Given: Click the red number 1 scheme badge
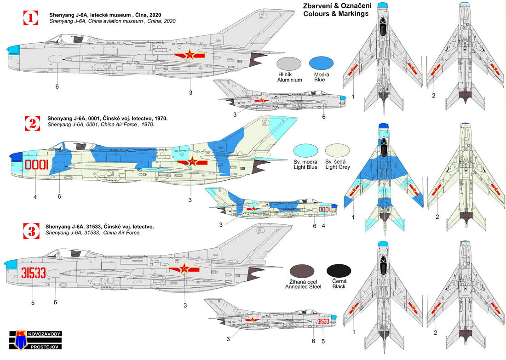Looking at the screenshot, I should tap(31, 18).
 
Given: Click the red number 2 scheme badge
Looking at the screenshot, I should tap(31, 123).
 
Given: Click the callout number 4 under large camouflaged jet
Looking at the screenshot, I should tap(35, 197).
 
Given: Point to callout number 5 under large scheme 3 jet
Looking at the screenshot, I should tap(32, 303).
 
